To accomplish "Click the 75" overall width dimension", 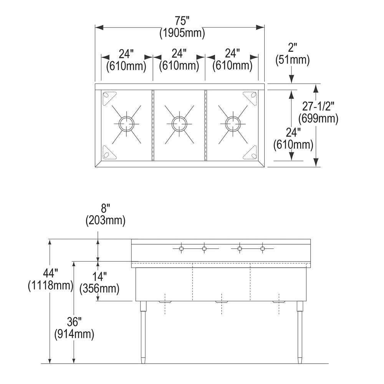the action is pos(182,21).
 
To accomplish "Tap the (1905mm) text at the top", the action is pos(182,33).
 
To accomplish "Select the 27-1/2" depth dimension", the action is pos(318,106).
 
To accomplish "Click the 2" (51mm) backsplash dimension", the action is pos(292,54).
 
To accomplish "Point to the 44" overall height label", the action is pos(50,273).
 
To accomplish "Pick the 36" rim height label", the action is pos(74,321).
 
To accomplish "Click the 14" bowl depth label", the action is pos(99,276).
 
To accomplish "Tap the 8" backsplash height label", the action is pos(105,209).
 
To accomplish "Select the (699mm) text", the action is pos(318,119).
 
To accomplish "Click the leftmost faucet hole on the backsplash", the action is pos(181,249).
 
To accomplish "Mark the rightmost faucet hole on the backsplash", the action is pos(263,249).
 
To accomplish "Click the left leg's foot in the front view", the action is pos(143,361).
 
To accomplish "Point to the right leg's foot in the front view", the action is pos(299,361).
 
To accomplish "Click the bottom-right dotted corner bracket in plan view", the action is pos(251,153).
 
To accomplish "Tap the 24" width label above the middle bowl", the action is pos(179,53).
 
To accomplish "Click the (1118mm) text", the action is pos(50,285).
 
